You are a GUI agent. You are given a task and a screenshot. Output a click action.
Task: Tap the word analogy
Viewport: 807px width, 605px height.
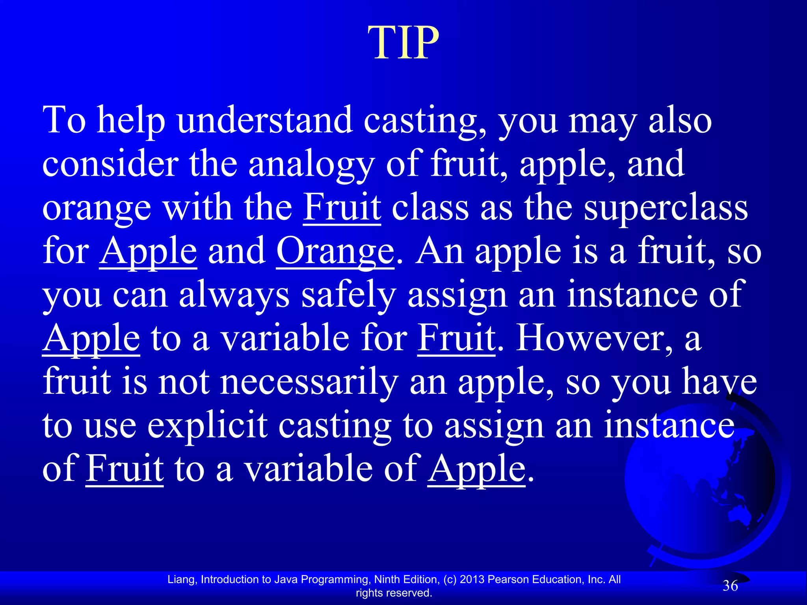pyautogui.click(x=311, y=164)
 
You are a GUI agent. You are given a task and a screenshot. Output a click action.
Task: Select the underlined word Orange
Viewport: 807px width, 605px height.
pyautogui.click(x=335, y=252)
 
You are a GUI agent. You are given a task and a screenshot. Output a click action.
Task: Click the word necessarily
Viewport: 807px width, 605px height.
pyautogui.click(x=309, y=382)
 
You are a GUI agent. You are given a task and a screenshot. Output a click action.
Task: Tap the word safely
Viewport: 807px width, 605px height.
pyautogui.click(x=348, y=295)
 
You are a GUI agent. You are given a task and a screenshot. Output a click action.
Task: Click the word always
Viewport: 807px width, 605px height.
pyautogui.click(x=234, y=295)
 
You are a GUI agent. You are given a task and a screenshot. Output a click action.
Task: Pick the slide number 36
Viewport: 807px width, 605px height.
pyautogui.click(x=730, y=586)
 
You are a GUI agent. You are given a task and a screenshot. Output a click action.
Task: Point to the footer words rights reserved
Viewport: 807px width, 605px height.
pyautogui.click(x=394, y=593)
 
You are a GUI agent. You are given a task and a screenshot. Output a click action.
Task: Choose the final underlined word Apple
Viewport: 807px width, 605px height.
pyautogui.click(x=476, y=469)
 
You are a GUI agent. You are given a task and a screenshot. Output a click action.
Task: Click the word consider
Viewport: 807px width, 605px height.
pyautogui.click(x=110, y=164)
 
